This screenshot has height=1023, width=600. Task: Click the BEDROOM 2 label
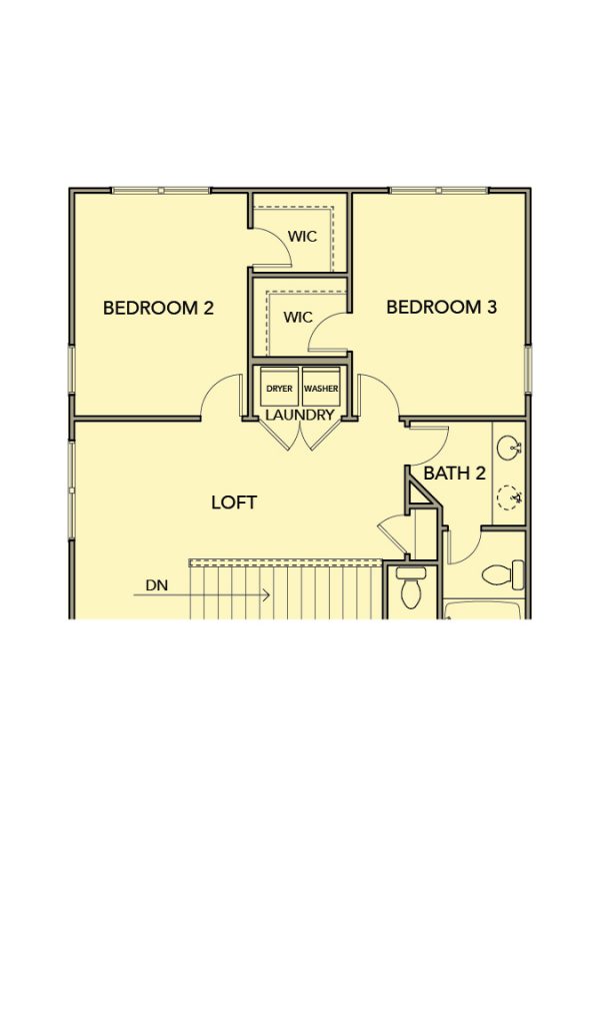click(x=159, y=308)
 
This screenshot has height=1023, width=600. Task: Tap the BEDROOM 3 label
click(x=441, y=307)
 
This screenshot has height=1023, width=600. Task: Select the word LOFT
click(x=234, y=503)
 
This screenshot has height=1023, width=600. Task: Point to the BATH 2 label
click(x=454, y=473)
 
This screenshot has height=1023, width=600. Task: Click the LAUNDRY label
click(x=300, y=415)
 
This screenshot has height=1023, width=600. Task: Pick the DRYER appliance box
click(x=279, y=389)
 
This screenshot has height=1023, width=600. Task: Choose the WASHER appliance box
click(x=321, y=389)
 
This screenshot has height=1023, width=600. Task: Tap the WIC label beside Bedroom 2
click(x=302, y=236)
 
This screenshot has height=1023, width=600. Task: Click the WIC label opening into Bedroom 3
click(x=298, y=318)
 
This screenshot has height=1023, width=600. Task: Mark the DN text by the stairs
click(x=156, y=585)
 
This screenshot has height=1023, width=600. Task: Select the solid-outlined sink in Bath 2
click(x=509, y=448)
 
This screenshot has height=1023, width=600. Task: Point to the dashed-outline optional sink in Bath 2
click(x=509, y=498)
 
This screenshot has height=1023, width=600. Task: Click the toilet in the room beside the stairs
click(x=411, y=586)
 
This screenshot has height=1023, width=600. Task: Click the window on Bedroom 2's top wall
click(x=161, y=191)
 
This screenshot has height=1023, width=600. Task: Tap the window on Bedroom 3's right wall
click(x=528, y=370)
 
